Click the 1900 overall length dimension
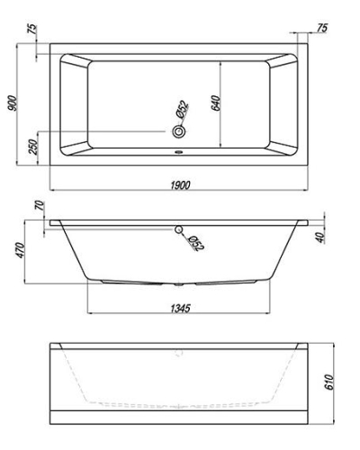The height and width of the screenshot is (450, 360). [x=178, y=184]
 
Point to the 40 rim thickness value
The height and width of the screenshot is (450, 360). [x=321, y=238]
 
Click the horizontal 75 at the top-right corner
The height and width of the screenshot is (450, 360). [x=322, y=30]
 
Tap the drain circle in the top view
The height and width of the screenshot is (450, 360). [x=179, y=133]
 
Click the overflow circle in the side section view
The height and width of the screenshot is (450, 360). [x=179, y=229]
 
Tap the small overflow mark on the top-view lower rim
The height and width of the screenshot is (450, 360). [x=179, y=152]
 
